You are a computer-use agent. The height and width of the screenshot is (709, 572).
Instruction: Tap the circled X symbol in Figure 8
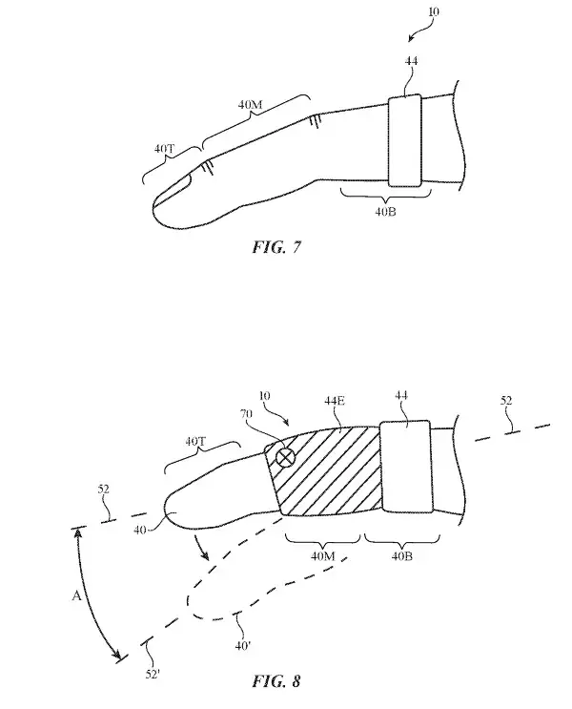[283, 459]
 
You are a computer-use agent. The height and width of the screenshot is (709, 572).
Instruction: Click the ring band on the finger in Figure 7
[404, 141]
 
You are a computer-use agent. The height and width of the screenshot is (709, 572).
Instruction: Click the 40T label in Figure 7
[164, 151]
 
